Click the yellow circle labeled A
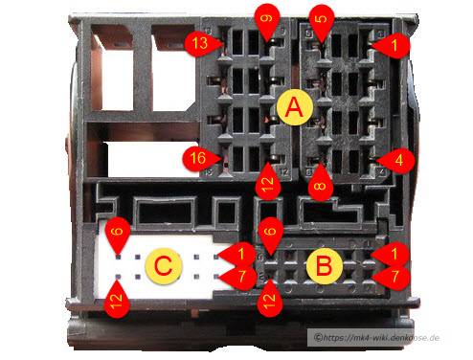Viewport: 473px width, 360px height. (x=294, y=107)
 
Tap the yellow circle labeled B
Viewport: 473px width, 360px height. (x=325, y=266)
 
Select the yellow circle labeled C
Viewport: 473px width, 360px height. (x=164, y=265)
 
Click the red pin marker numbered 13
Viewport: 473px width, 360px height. (x=201, y=44)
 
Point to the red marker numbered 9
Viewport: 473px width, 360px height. (x=266, y=20)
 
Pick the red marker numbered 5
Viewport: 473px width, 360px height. (x=321, y=20)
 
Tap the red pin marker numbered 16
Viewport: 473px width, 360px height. (x=199, y=158)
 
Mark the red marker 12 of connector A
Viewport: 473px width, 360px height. (x=268, y=183)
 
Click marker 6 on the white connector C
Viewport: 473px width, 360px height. (x=118, y=233)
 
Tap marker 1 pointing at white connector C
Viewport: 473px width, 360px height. (x=239, y=255)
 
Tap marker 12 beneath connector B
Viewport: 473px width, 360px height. (x=270, y=300)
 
